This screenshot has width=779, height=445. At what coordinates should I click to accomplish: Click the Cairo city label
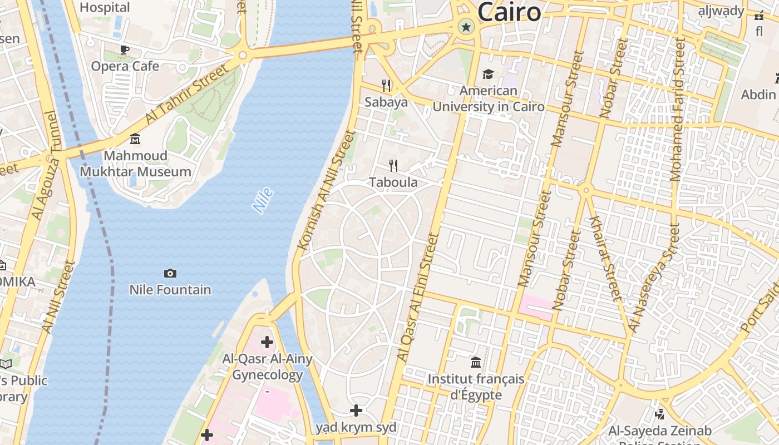(x=509, y=12)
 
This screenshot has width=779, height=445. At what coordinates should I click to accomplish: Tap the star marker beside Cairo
(x=466, y=26)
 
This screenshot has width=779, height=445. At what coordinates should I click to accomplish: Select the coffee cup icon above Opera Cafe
(x=125, y=50)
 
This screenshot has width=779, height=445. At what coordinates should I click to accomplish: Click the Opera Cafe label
(x=125, y=66)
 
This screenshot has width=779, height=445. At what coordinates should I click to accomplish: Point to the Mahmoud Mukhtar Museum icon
(x=135, y=139)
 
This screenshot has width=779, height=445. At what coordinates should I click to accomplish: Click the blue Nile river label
(x=263, y=201)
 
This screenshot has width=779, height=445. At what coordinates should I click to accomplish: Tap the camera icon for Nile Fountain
(x=170, y=273)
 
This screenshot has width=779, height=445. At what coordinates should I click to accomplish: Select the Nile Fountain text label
(x=170, y=290)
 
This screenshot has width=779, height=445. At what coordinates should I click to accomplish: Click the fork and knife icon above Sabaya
(x=386, y=85)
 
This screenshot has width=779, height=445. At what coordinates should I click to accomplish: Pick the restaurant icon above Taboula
(x=393, y=165)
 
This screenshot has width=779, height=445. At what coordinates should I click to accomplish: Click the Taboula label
(x=393, y=182)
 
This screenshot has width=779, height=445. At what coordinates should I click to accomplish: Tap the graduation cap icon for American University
(x=488, y=74)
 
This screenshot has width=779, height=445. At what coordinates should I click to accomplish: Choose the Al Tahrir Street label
(x=187, y=93)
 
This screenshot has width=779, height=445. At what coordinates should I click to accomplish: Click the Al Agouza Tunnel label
(x=45, y=165)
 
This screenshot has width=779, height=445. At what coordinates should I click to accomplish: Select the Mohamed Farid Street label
(x=677, y=108)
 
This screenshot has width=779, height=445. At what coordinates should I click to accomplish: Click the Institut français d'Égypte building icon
(x=476, y=363)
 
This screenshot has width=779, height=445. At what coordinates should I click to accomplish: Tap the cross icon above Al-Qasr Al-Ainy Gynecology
(x=267, y=342)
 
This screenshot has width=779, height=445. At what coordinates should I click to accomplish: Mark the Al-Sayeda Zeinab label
(x=659, y=431)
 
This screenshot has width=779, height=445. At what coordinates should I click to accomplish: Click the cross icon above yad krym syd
(x=356, y=411)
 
